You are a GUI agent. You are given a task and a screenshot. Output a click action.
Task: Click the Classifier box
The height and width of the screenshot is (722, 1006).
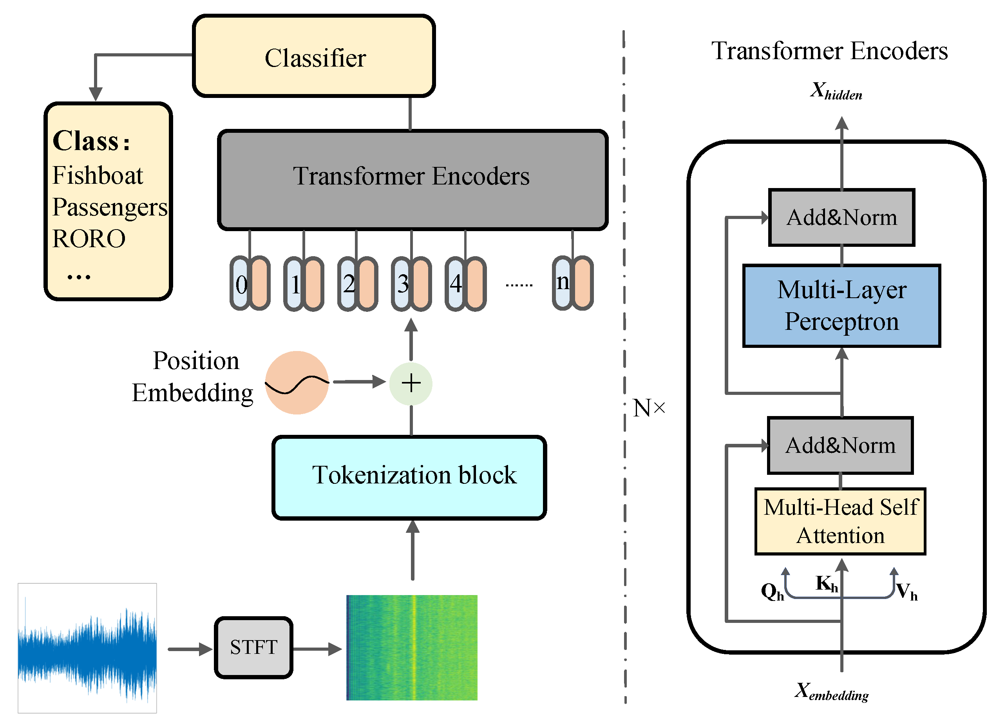tap(314, 56)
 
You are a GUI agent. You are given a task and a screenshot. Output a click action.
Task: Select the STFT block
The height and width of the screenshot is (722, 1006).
tap(253, 648)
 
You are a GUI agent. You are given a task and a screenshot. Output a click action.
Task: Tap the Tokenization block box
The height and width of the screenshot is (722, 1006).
tap(409, 477)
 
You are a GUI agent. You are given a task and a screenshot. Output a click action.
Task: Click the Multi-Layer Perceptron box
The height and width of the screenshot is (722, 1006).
tap(841, 306)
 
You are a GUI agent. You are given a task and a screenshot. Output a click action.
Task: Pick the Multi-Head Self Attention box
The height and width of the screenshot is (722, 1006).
tap(840, 521)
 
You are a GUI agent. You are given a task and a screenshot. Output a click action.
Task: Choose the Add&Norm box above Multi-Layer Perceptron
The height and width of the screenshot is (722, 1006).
tap(841, 217)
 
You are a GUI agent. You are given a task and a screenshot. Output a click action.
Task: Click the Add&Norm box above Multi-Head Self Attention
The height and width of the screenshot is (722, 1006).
tap(840, 445)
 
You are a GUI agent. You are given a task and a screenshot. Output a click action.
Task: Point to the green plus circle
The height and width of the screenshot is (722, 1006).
tap(411, 383)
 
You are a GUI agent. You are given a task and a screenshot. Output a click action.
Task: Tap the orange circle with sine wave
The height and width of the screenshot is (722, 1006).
tap(297, 382)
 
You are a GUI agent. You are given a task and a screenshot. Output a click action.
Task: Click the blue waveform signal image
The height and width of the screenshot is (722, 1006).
tap(87, 648)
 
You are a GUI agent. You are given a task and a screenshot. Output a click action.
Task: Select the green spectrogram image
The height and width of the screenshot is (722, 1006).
tap(412, 648)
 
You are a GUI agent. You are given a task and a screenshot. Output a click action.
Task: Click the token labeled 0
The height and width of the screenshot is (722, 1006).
tap(241, 284)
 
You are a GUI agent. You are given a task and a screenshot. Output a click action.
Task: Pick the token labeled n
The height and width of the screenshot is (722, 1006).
tap(563, 282)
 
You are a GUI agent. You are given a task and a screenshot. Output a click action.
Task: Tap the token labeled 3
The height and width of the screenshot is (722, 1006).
tap(402, 284)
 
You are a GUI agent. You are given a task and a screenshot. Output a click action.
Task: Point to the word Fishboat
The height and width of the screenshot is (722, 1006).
tap(98, 175)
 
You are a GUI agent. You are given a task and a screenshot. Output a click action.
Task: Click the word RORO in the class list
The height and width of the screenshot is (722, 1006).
tap(89, 239)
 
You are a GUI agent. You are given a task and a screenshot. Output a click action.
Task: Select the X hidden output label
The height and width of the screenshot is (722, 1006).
tap(836, 91)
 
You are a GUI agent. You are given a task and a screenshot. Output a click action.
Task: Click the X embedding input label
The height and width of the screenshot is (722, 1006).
tap(831, 691)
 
